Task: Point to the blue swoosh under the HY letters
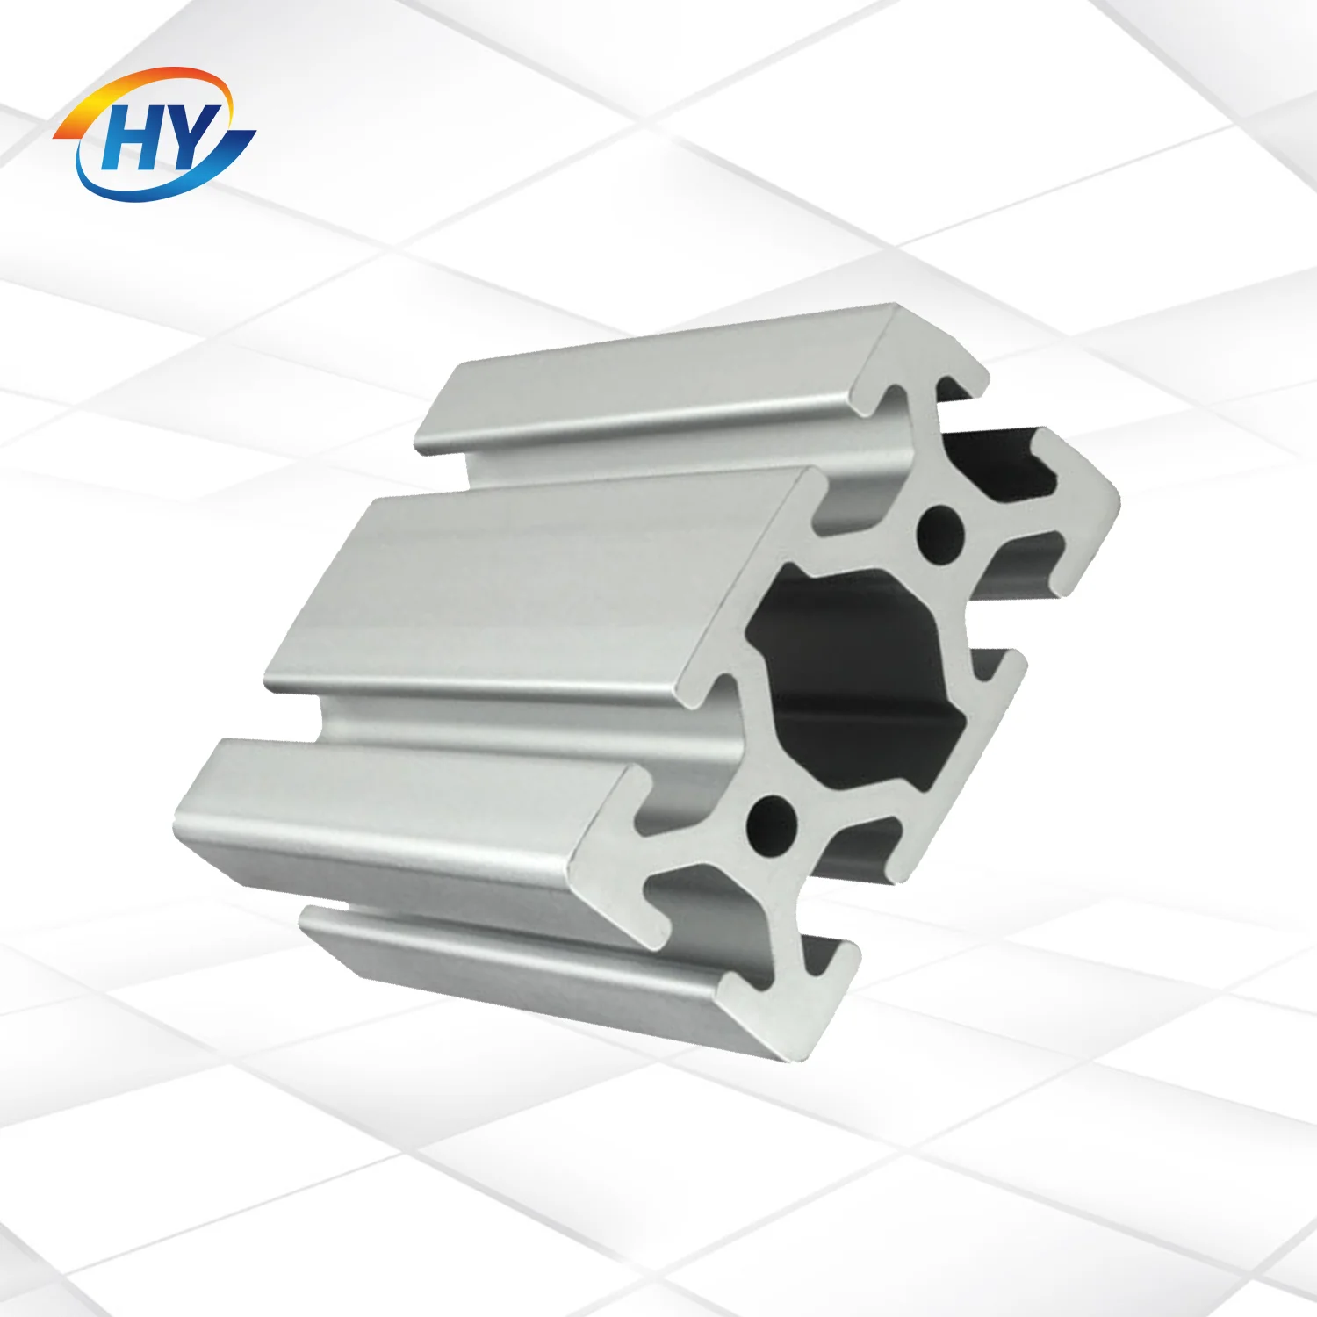pos(167,180)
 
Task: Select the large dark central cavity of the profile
pos(856,676)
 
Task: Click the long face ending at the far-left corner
pos(395,817)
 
